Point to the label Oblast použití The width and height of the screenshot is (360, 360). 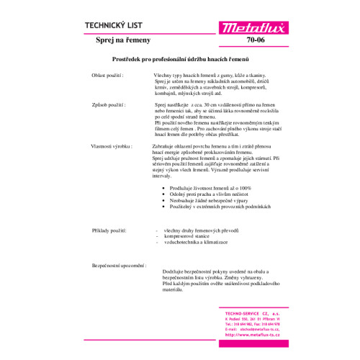(x=108, y=75)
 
